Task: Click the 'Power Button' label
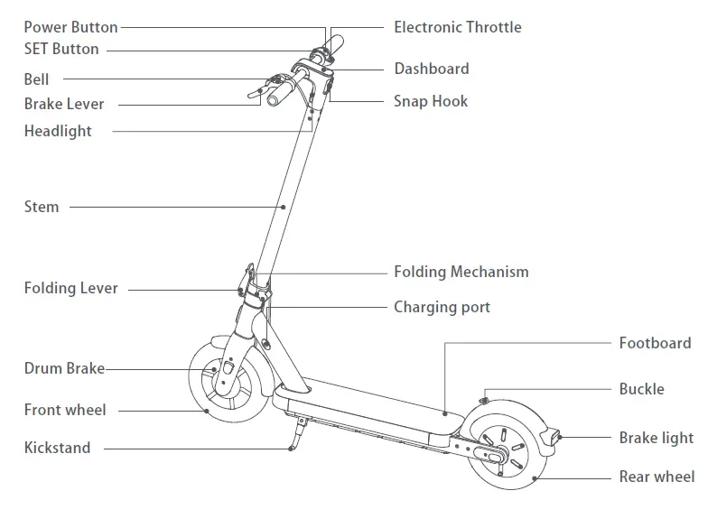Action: coord(70,27)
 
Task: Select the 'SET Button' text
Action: coord(61,49)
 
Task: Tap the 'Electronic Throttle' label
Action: coord(457,27)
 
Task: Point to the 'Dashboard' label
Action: coord(431,69)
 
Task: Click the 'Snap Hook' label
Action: coord(430,101)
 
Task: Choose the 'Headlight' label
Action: coord(58,131)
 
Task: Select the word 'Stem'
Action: coord(42,207)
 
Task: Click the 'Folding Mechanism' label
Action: coord(461,272)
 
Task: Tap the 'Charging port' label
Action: coord(442,307)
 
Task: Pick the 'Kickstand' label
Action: coord(58,447)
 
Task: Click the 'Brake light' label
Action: coord(656,438)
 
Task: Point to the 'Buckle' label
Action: coord(641,389)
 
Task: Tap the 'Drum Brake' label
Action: coord(64,368)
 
